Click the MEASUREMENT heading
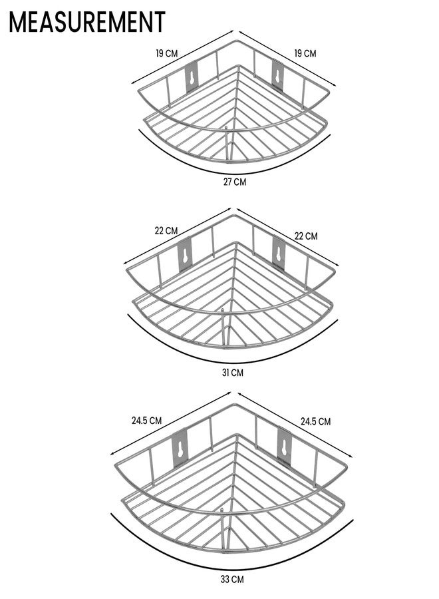(87, 22)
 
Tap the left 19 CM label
(167, 53)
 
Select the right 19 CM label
(305, 53)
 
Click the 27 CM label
(235, 182)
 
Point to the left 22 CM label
(166, 231)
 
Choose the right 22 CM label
(306, 236)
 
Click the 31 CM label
(233, 373)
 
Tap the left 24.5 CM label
(146, 421)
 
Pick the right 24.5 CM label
(315, 421)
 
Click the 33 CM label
(231, 590)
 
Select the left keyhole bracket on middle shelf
(185, 255)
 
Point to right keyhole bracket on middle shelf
(279, 254)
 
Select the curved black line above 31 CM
(232, 362)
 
